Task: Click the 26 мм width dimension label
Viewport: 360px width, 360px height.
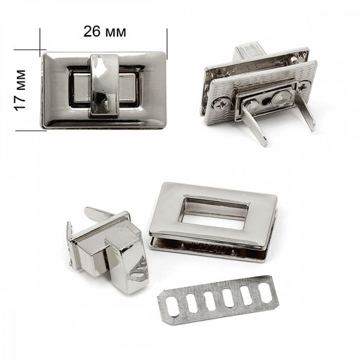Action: click(x=105, y=32)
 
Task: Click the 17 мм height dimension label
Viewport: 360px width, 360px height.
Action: click(x=20, y=90)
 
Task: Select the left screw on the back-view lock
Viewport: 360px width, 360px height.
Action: click(x=220, y=105)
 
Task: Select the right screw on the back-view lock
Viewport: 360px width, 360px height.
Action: click(x=304, y=87)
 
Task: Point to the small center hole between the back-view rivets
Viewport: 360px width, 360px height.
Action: click(x=266, y=101)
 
